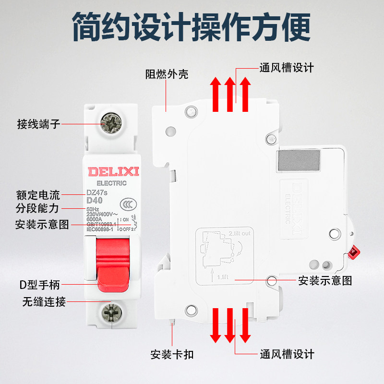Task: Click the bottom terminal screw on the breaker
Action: point(110,313)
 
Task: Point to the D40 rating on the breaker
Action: point(95,201)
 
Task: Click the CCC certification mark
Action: point(127,203)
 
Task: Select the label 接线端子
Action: point(39,124)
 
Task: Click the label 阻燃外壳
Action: point(167,74)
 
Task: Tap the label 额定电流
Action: point(39,195)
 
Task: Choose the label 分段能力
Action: point(39,209)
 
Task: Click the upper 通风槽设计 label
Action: point(287,68)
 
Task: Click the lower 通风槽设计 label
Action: point(287,354)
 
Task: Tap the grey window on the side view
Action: point(298,160)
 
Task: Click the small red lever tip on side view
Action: point(356,252)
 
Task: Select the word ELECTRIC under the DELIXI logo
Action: point(111,183)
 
